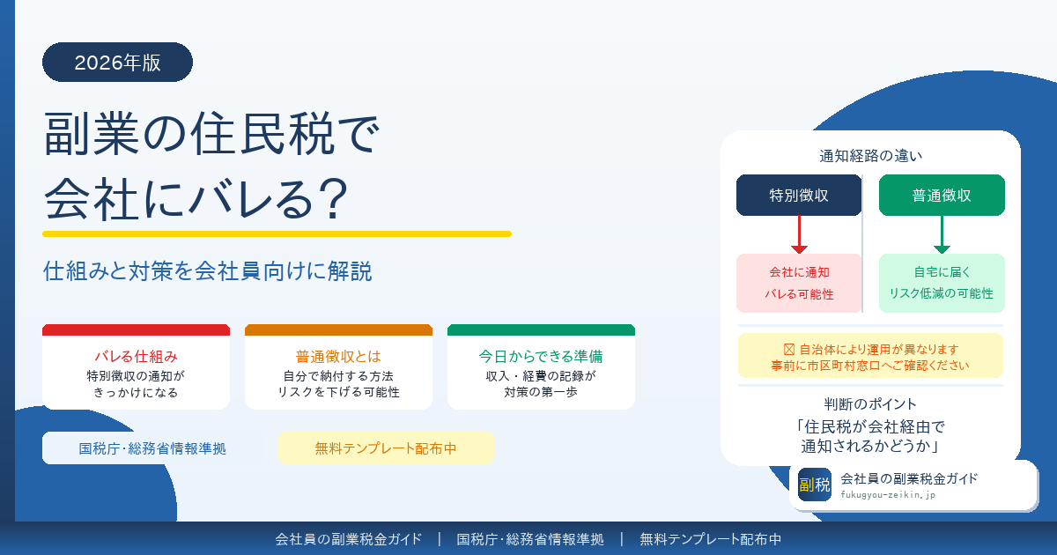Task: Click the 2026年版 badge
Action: (117, 62)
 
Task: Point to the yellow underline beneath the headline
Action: (277, 233)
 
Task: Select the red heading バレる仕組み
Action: (136, 357)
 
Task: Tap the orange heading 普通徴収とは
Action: (338, 357)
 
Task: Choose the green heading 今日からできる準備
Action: (541, 357)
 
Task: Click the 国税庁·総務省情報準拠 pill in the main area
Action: (152, 448)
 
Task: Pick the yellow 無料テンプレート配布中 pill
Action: (386, 448)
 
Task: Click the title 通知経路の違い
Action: (870, 157)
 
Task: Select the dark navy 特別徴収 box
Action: (799, 196)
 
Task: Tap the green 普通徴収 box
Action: (942, 196)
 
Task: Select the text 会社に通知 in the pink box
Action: (799, 272)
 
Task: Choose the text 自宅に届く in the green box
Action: (942, 272)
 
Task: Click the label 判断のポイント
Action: (870, 405)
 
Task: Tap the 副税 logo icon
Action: (815, 485)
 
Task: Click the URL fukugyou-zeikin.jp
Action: (888, 495)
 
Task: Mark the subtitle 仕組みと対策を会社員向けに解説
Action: (208, 271)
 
